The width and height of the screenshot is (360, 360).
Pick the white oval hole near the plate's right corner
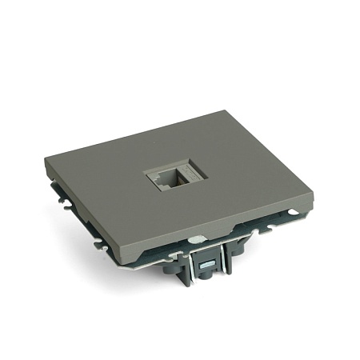pyautogui.click(x=294, y=213)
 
